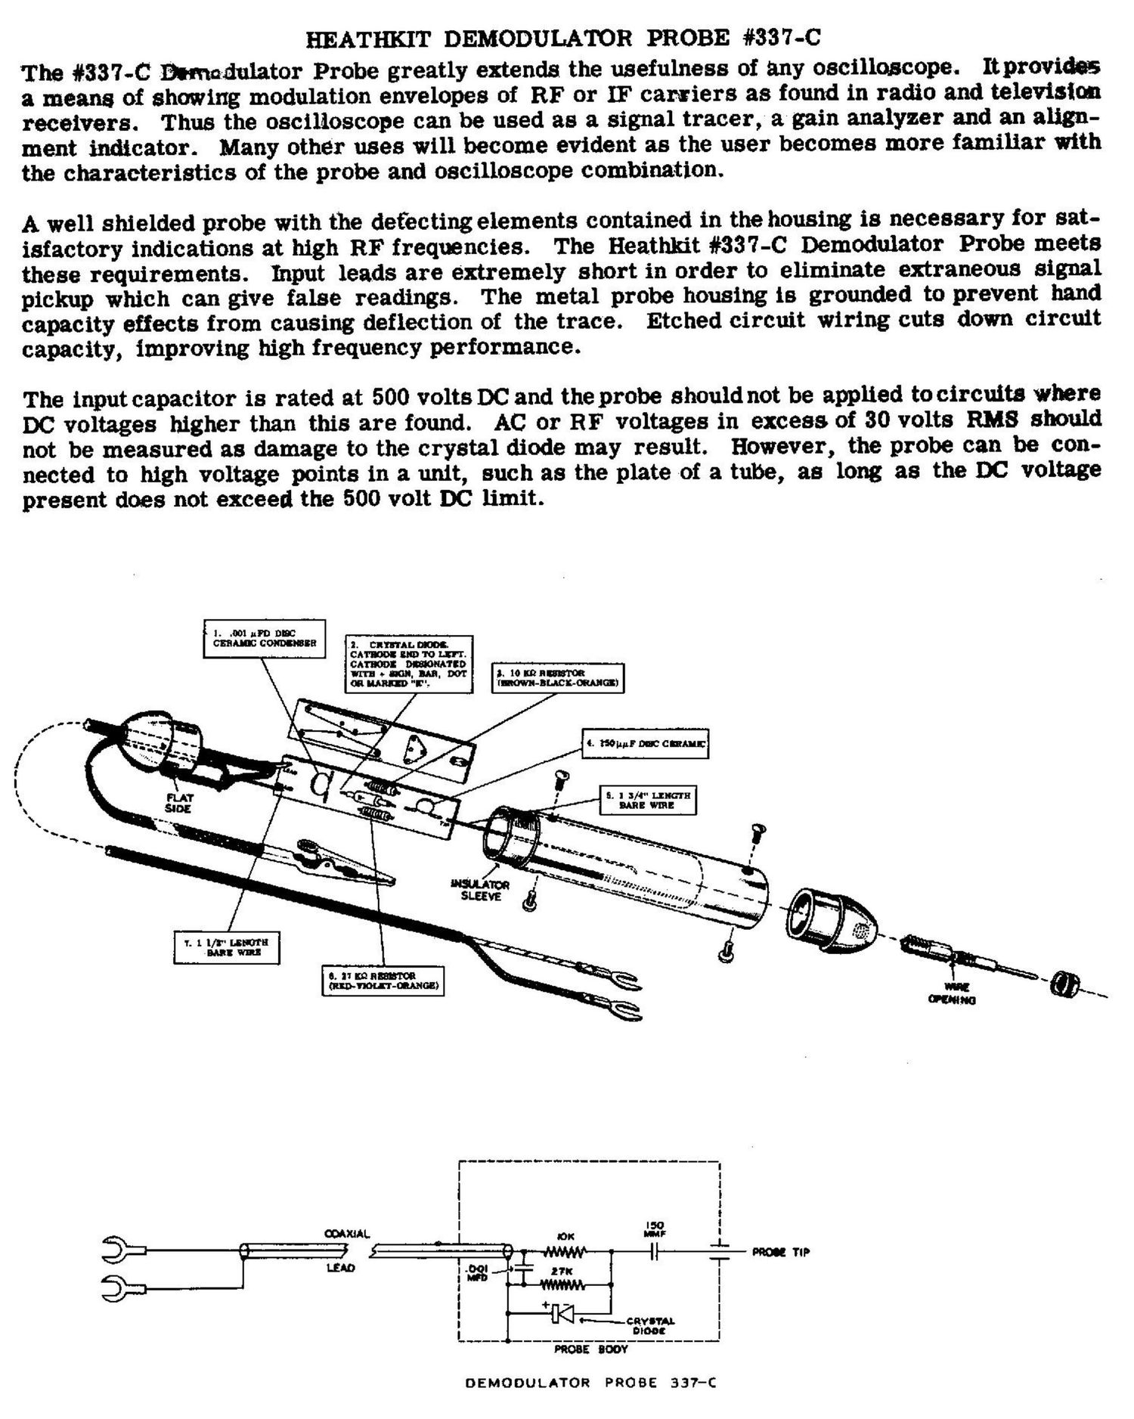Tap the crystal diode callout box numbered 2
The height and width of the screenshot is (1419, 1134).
point(408,664)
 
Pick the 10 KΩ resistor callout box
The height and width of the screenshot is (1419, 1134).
point(558,678)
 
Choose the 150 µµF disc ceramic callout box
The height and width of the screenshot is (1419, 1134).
point(644,744)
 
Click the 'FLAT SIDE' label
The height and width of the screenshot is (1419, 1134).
point(180,803)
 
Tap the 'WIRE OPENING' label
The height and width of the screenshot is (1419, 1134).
point(953,993)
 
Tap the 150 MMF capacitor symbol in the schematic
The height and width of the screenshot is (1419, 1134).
point(654,1253)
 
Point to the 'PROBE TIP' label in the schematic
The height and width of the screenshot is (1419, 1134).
point(780,1253)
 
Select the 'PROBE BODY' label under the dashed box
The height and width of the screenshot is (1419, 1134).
point(580,1349)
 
